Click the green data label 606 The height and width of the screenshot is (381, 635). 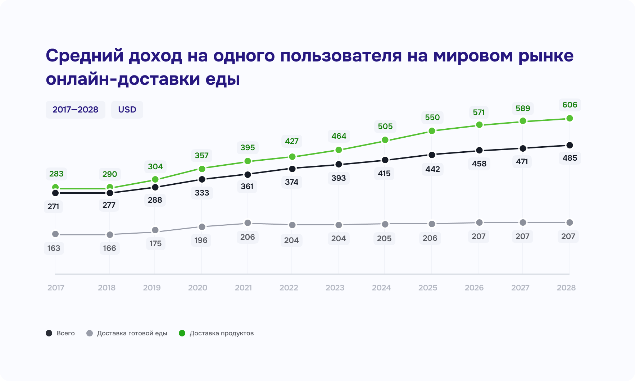(570, 105)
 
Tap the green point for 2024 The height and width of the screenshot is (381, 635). (385, 140)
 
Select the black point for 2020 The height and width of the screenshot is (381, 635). (202, 179)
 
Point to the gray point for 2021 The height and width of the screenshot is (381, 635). (248, 223)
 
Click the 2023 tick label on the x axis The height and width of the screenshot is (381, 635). (335, 288)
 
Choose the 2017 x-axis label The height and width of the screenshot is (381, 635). (56, 288)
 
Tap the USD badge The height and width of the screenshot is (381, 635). (127, 110)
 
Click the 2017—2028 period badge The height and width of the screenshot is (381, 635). (75, 110)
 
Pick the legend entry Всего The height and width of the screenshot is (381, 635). (60, 333)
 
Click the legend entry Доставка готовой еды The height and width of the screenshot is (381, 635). (127, 333)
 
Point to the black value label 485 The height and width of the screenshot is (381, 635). (570, 158)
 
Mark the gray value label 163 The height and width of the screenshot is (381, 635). (54, 248)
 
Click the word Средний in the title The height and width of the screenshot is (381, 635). (85, 56)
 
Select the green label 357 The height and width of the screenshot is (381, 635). (201, 156)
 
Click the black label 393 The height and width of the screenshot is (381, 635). (339, 178)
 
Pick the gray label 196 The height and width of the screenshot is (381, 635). (201, 240)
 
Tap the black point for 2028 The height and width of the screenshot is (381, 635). (570, 145)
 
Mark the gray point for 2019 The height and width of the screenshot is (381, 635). (155, 230)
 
